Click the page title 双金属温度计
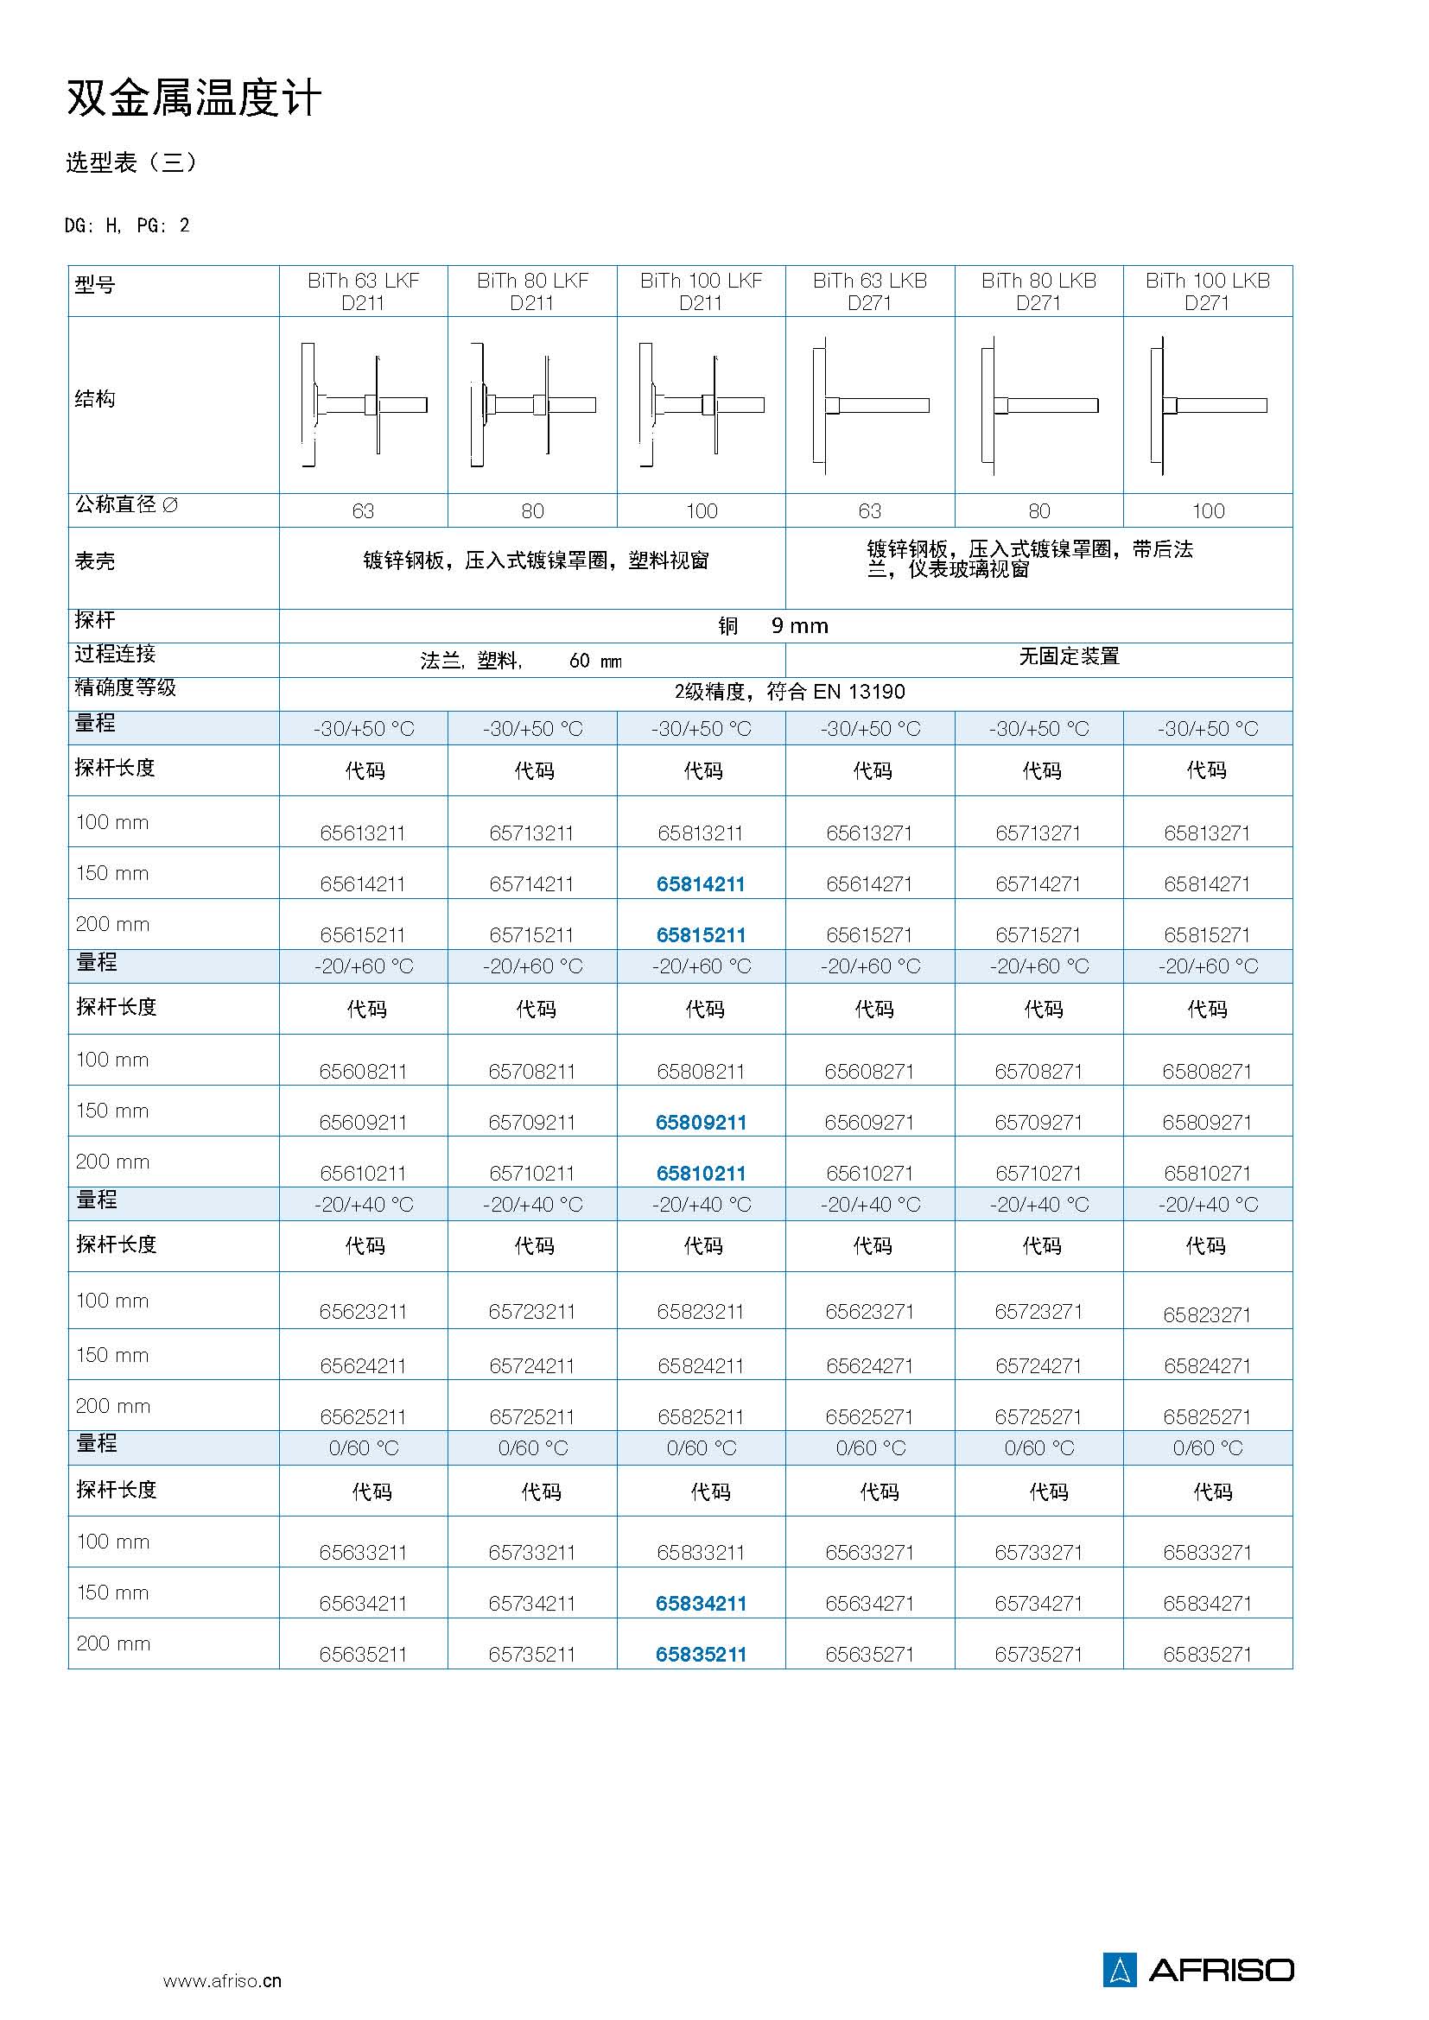(x=194, y=98)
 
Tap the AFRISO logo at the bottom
(x=1197, y=1970)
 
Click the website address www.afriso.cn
(x=222, y=1981)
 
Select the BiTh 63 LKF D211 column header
(x=363, y=291)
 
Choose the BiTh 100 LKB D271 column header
(x=1207, y=291)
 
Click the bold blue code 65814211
(x=701, y=884)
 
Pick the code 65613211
(x=363, y=833)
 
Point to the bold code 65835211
(x=701, y=1655)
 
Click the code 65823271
(x=1207, y=1315)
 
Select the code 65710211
(x=531, y=1174)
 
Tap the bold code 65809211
(x=701, y=1123)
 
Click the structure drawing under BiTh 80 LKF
(x=531, y=405)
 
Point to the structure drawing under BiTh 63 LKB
(x=869, y=405)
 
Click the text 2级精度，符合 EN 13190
(x=790, y=692)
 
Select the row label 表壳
(x=95, y=561)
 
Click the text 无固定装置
(x=1068, y=656)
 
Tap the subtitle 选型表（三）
(x=131, y=162)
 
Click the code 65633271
(x=869, y=1553)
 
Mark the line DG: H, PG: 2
(x=127, y=226)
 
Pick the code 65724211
(x=531, y=1366)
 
